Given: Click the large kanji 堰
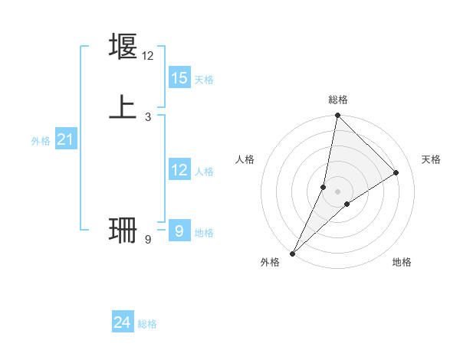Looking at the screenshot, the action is pyautogui.click(x=123, y=47).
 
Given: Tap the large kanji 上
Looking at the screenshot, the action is pyautogui.click(x=123, y=106).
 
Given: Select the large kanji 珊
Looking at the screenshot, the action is pyautogui.click(x=123, y=230).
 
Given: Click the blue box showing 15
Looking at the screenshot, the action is pyautogui.click(x=179, y=77).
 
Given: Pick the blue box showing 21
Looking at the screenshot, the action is pyautogui.click(x=65, y=139).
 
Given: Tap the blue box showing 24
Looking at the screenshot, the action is pyautogui.click(x=123, y=323).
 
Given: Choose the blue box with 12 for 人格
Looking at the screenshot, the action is pyautogui.click(x=179, y=170).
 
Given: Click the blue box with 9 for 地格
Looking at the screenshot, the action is pyautogui.click(x=179, y=231).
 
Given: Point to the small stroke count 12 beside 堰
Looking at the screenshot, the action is pyautogui.click(x=148, y=56).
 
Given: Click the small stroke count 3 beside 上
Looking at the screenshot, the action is pyautogui.click(x=148, y=116).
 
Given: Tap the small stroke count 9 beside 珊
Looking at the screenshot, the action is pyautogui.click(x=148, y=240).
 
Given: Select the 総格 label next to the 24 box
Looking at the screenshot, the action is pyautogui.click(x=147, y=324).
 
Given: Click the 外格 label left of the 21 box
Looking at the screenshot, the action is pyautogui.click(x=41, y=141).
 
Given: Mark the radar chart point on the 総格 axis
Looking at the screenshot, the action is pyautogui.click(x=337, y=116).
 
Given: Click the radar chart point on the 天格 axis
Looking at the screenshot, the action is pyautogui.click(x=396, y=173).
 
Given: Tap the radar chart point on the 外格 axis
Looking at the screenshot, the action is pyautogui.click(x=293, y=253).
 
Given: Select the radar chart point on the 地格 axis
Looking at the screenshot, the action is pyautogui.click(x=347, y=204).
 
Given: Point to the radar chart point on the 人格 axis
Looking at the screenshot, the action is pyautogui.click(x=324, y=187).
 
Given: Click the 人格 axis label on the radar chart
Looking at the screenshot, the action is pyautogui.click(x=245, y=159).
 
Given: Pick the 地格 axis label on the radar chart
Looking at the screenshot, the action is pyautogui.click(x=402, y=263).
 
